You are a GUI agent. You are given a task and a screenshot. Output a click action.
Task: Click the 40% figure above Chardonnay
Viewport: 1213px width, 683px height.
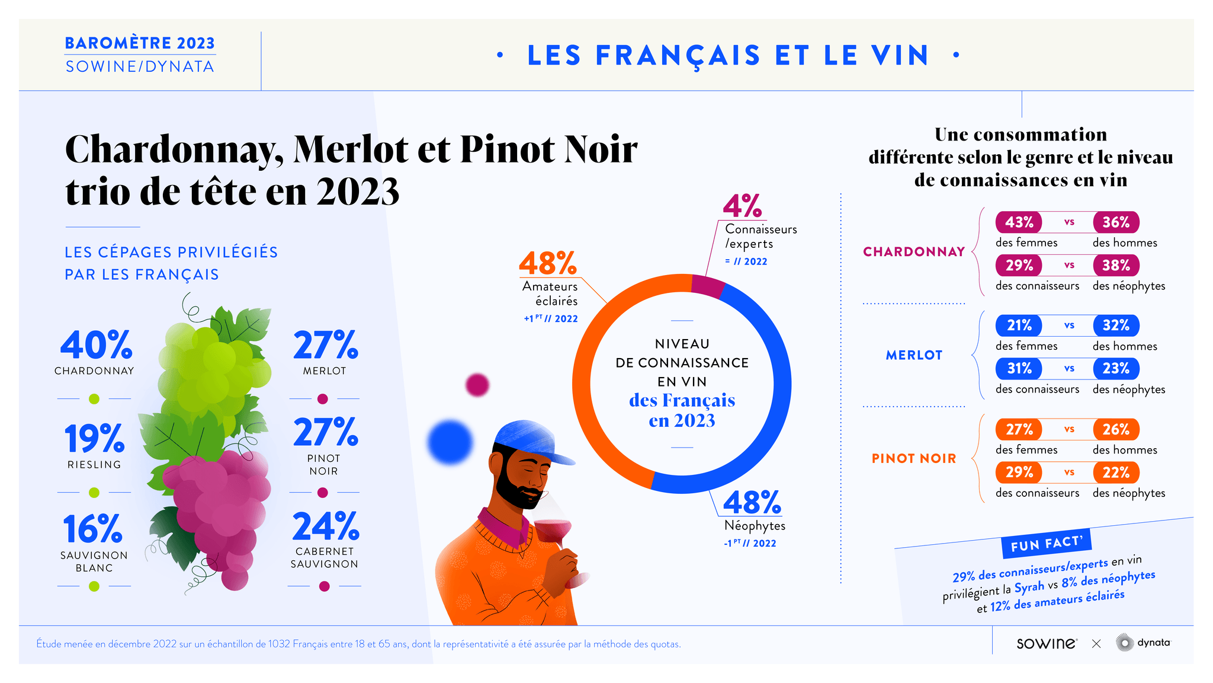point(97,345)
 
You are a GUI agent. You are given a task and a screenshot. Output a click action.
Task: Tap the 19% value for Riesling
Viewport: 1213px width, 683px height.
point(94,439)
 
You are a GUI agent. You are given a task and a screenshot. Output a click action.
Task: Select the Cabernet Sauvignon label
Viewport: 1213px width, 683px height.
point(324,557)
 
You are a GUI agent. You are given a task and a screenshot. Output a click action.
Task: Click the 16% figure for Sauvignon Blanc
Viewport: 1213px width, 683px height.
point(93,529)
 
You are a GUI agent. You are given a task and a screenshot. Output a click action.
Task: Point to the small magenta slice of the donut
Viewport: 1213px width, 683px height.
point(707,286)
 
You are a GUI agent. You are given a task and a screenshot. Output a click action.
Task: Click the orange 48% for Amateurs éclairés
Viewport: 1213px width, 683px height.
point(547,264)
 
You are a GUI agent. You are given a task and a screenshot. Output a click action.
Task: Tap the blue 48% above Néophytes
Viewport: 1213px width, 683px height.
point(752,503)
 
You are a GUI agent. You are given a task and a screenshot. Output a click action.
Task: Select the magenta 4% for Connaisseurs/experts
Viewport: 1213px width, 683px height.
point(742,206)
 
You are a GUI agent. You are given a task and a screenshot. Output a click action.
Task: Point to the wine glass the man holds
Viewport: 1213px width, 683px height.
point(554,529)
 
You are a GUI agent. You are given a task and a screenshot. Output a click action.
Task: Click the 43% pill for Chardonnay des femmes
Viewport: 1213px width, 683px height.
point(1019,222)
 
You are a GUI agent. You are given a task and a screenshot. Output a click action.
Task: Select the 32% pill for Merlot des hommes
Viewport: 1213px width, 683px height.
point(1116,325)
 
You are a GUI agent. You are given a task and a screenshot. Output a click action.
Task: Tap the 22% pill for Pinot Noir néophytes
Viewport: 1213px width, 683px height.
point(1116,473)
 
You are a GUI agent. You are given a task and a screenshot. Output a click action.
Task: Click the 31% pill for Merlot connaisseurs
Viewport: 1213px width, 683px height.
point(1019,369)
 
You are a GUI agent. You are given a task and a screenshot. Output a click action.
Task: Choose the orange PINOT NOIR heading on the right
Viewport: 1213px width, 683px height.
point(913,458)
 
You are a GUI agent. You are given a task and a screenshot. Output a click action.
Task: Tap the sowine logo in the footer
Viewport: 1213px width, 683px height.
point(1046,643)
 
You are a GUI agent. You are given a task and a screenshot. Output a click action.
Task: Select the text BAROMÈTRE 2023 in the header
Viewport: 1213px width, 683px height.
point(140,43)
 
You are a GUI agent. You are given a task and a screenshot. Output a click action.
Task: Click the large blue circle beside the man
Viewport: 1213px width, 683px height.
point(450,442)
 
